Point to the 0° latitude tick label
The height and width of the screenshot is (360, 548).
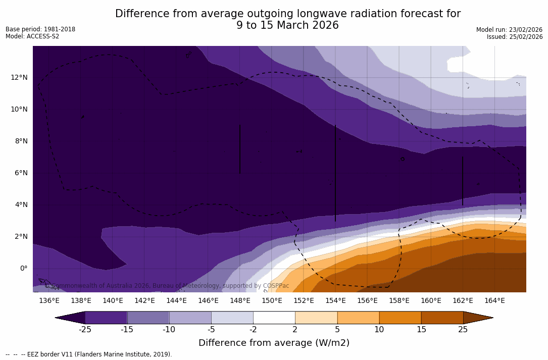pos(23,268)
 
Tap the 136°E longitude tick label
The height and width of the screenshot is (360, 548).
pos(49,301)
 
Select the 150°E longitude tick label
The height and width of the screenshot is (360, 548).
pos(272,301)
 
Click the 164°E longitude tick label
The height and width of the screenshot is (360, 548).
pos(494,301)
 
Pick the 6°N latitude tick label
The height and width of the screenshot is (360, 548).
pos(20,173)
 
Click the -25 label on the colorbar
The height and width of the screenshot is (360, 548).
pos(85,330)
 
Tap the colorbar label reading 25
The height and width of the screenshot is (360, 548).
pos(463,330)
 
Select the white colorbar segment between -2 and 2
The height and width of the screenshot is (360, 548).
pos(274,318)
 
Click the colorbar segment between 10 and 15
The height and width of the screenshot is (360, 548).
pos(400,318)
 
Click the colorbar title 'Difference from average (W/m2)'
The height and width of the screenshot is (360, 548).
pos(274,343)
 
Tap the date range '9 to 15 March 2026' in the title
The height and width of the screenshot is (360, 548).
pos(287,25)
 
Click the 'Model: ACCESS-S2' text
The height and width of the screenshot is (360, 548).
pos(32,36)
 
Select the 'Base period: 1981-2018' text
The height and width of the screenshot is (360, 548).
pos(40,29)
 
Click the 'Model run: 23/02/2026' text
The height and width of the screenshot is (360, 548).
pos(509,30)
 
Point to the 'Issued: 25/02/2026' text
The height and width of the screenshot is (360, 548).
pos(515,37)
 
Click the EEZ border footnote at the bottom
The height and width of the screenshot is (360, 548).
pos(89,354)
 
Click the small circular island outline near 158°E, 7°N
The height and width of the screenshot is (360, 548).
pos(403,159)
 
